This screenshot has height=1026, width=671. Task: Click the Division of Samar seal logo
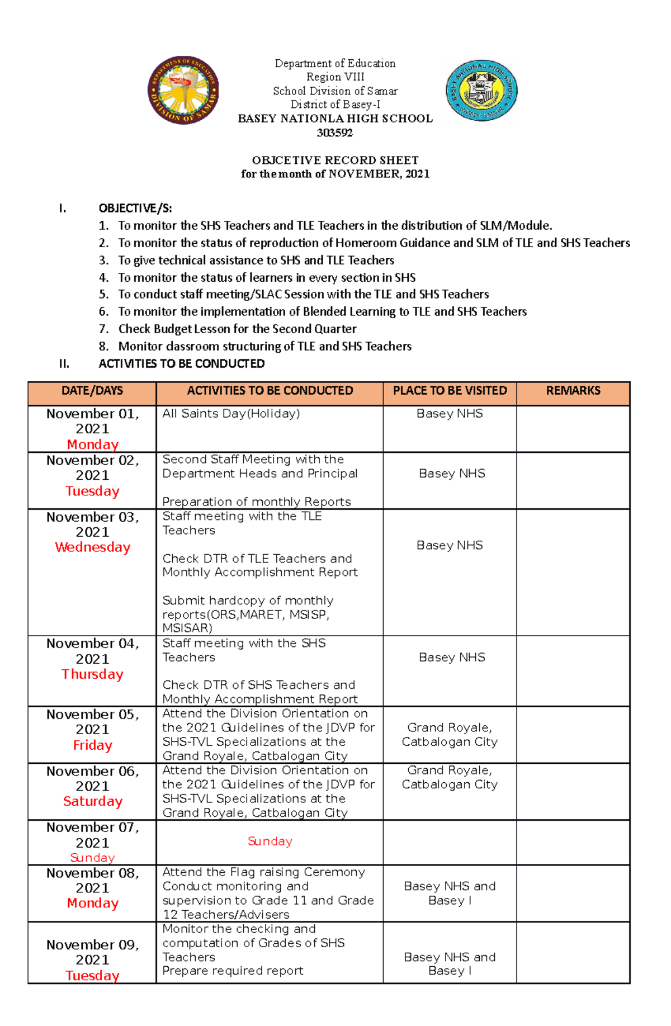tap(183, 90)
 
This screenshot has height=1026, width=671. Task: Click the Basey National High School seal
tap(481, 91)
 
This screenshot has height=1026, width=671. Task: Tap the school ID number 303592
tap(335, 133)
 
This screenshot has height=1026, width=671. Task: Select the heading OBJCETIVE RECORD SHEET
tap(335, 160)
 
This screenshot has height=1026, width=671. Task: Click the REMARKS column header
tap(573, 391)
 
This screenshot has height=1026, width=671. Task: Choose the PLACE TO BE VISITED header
tap(450, 391)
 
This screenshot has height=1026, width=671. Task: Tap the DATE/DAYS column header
tap(92, 391)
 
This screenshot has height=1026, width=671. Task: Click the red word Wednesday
tap(93, 547)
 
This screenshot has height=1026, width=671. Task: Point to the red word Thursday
tap(93, 674)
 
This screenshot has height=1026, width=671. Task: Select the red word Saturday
tap(93, 801)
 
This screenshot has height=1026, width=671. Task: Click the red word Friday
tap(93, 745)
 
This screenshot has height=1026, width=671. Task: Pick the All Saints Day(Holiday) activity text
tap(231, 414)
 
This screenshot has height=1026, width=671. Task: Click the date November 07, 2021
tap(93, 835)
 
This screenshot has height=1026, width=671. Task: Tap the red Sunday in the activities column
tap(270, 841)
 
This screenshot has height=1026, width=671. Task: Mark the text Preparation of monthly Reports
tap(257, 502)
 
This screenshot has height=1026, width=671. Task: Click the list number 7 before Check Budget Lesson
tap(103, 329)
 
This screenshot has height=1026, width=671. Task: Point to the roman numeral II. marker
tap(64, 364)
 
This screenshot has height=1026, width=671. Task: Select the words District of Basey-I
tap(335, 105)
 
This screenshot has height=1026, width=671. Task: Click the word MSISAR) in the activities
tap(187, 628)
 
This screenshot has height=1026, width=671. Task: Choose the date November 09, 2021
tap(93, 952)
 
